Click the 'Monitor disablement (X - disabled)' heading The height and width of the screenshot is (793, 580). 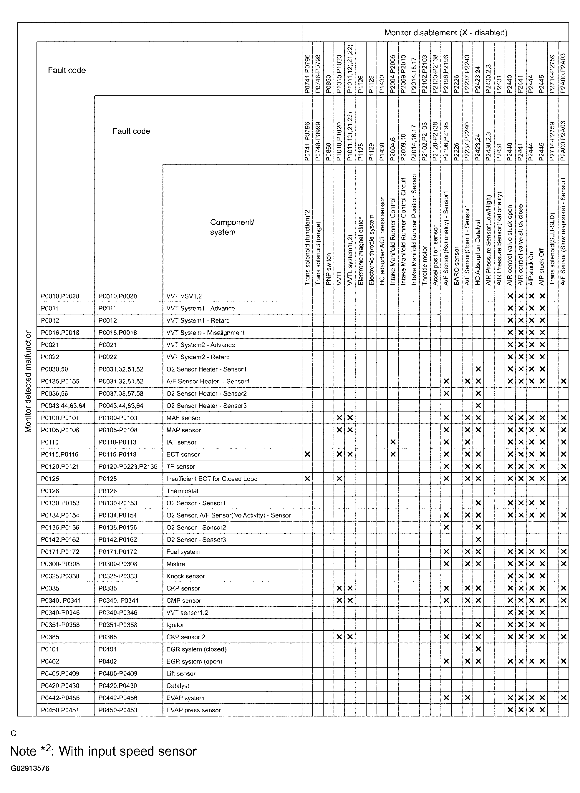445,33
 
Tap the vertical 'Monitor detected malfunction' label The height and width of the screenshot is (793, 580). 28,381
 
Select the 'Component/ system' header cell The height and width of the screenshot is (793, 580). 232,227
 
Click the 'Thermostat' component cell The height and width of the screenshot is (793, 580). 182,491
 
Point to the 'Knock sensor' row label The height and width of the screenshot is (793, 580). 185,576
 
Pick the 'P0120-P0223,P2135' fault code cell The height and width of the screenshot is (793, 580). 128,467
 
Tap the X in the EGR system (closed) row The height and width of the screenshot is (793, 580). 478,649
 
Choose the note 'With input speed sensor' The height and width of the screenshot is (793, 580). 103,751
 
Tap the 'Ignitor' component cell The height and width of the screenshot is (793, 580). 175,625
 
